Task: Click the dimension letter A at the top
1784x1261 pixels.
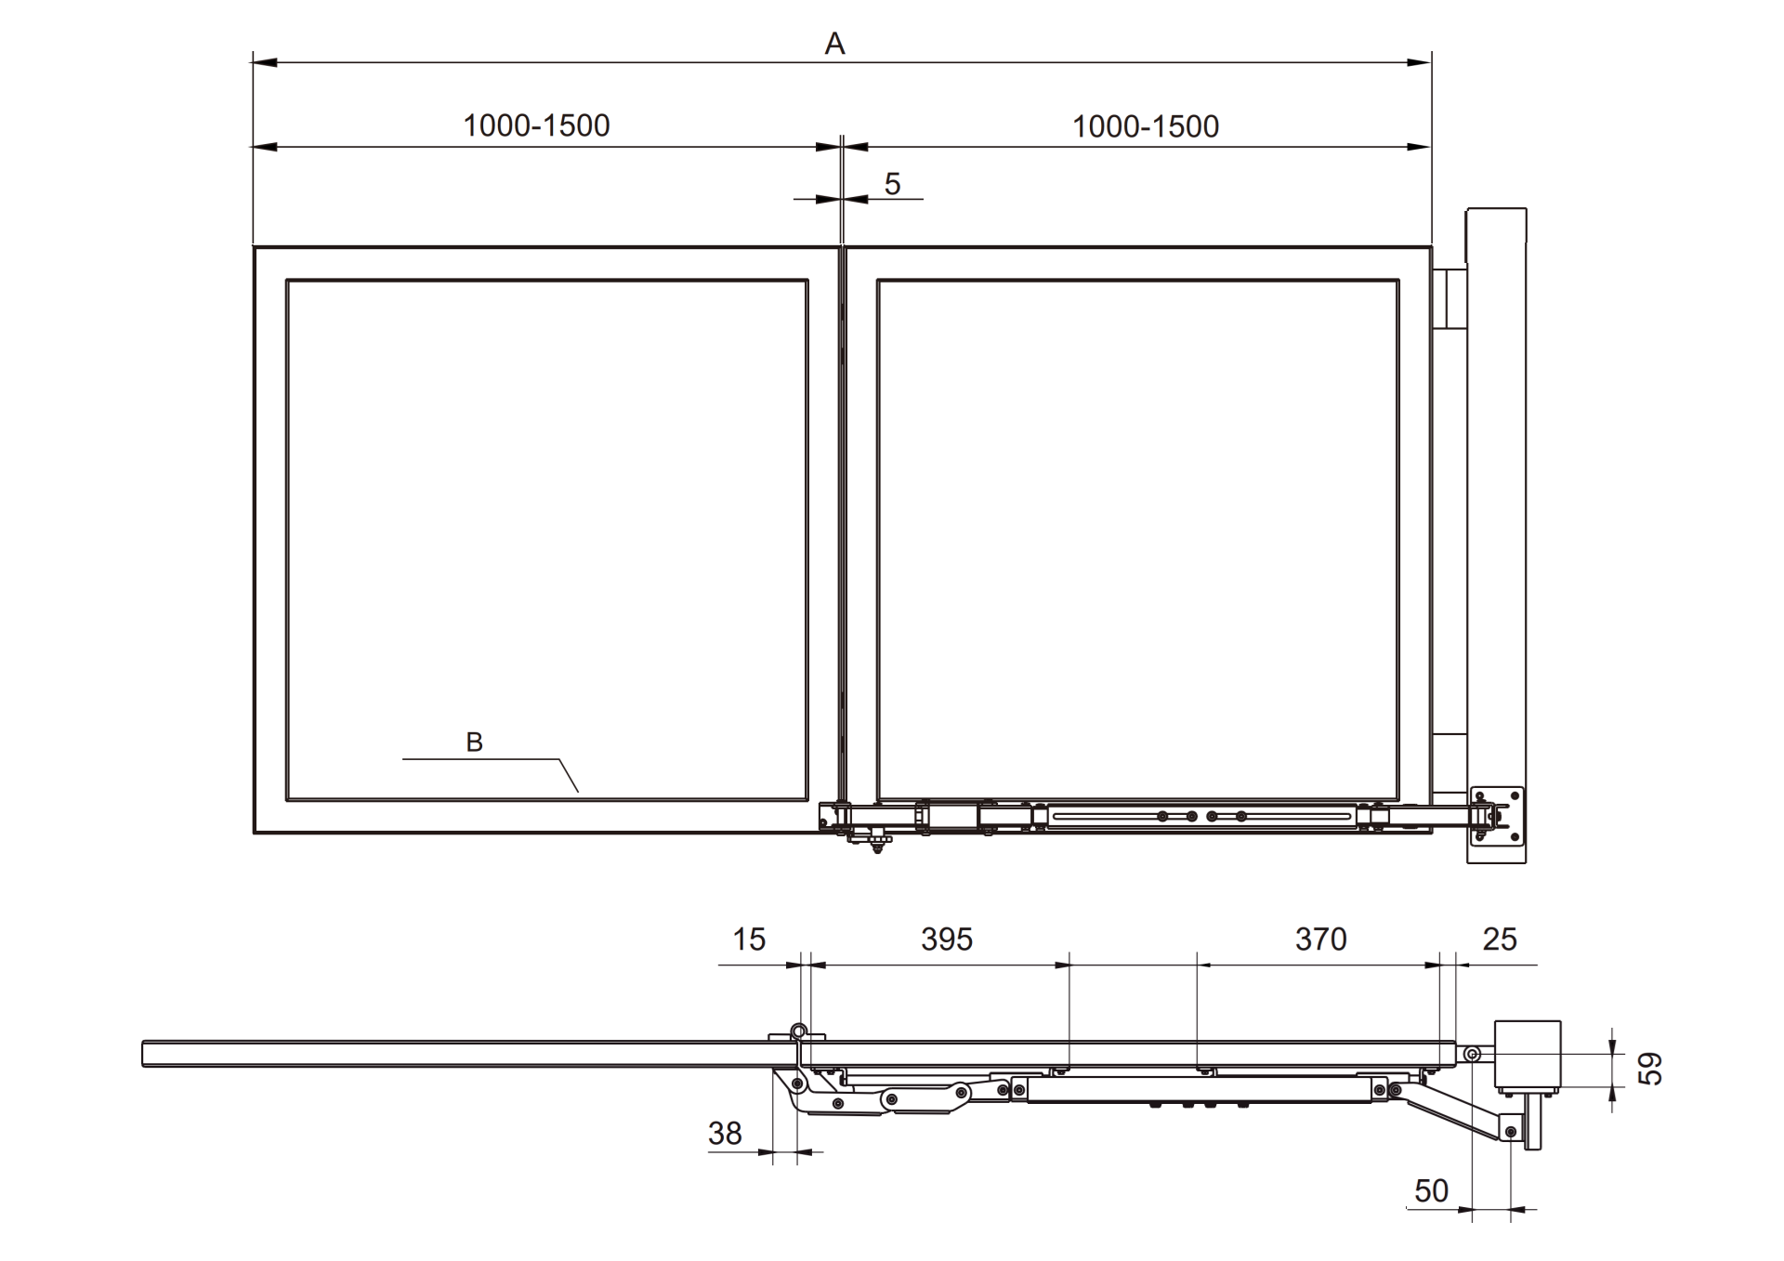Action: tap(834, 44)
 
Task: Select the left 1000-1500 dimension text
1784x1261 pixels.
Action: tap(536, 125)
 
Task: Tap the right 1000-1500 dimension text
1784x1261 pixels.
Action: tap(1146, 126)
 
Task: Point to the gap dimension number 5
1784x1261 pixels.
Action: tap(892, 184)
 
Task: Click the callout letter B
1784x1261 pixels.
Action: tap(474, 742)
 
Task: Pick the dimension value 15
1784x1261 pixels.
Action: tap(749, 939)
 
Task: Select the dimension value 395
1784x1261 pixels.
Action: tap(947, 939)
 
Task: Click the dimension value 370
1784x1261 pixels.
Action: tap(1320, 939)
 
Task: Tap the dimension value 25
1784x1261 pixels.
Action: tap(1500, 939)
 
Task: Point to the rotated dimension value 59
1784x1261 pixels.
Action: tap(1649, 1069)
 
